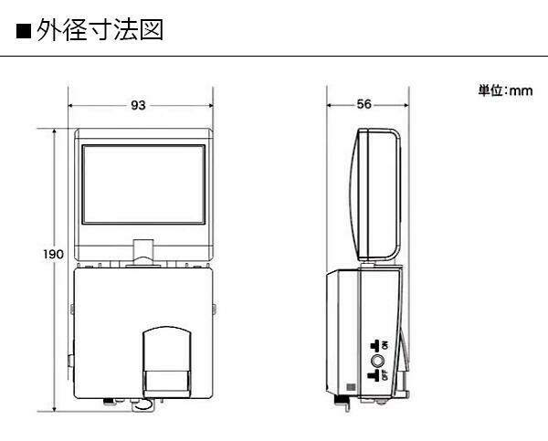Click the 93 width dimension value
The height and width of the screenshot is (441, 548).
coord(138,105)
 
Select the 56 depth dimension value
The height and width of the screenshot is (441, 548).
coord(364,104)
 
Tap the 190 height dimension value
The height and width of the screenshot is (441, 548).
coord(54,254)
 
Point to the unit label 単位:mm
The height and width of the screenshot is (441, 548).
coord(505,91)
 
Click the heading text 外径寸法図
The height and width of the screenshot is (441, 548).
coord(100,30)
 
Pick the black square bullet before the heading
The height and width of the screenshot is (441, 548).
coord(24,31)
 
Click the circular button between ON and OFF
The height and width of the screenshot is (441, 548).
coord(377,361)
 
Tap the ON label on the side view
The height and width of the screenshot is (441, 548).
coord(385,346)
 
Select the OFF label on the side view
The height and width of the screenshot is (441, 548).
coord(385,375)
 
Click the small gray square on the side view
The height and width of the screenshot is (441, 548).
coord(351,387)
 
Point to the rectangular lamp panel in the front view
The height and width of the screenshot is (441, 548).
coord(143,184)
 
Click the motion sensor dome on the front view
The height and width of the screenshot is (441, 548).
coord(167,362)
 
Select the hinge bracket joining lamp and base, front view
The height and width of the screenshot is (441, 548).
coord(143,251)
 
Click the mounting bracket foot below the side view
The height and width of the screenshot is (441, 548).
coord(343,403)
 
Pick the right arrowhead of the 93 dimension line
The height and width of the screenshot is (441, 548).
coord(211,106)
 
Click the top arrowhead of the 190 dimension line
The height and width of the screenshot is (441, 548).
coord(54,131)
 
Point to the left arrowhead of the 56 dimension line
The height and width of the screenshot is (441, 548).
coord(329,105)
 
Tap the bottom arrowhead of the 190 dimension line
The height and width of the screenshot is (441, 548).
coord(54,409)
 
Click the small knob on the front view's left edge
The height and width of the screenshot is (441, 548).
coord(71,361)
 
